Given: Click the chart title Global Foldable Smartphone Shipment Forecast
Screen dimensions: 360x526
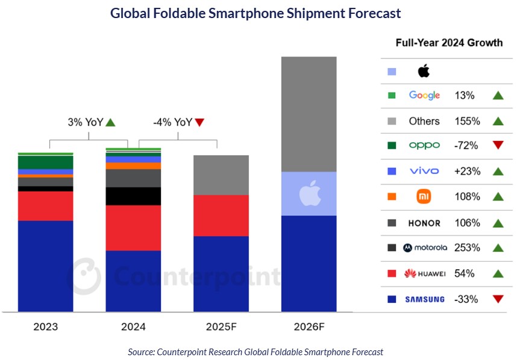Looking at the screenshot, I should tap(255, 13).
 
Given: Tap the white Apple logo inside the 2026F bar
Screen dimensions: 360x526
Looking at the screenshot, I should tap(308, 194).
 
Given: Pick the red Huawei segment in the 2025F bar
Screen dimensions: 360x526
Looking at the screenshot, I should tap(221, 216).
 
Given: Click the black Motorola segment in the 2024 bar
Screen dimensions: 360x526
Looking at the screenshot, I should tap(133, 196).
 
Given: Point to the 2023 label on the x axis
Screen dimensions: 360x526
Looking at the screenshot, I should tap(46, 327).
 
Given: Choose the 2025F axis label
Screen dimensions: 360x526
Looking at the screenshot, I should tap(221, 327).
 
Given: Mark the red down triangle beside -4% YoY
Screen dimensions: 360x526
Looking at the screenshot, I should tap(200, 122).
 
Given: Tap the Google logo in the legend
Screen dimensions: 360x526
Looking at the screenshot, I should tap(424, 95).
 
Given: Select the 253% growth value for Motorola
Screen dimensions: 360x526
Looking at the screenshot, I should tap(468, 247).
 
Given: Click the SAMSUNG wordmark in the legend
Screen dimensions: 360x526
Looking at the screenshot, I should tap(425, 299).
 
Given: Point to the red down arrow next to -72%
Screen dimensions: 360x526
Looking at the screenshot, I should tap(498, 146).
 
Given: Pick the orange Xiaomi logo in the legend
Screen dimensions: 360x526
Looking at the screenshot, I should tap(424, 197).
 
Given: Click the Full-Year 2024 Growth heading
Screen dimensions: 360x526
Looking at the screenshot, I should tap(449, 43).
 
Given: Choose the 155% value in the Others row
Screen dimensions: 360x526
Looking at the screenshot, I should tap(468, 121).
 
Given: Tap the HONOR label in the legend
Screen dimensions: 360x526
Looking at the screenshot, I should tap(424, 223).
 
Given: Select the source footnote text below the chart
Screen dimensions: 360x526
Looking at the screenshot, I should tap(255, 352).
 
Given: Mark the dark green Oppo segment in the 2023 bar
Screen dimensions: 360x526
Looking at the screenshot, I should tap(46, 163).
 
